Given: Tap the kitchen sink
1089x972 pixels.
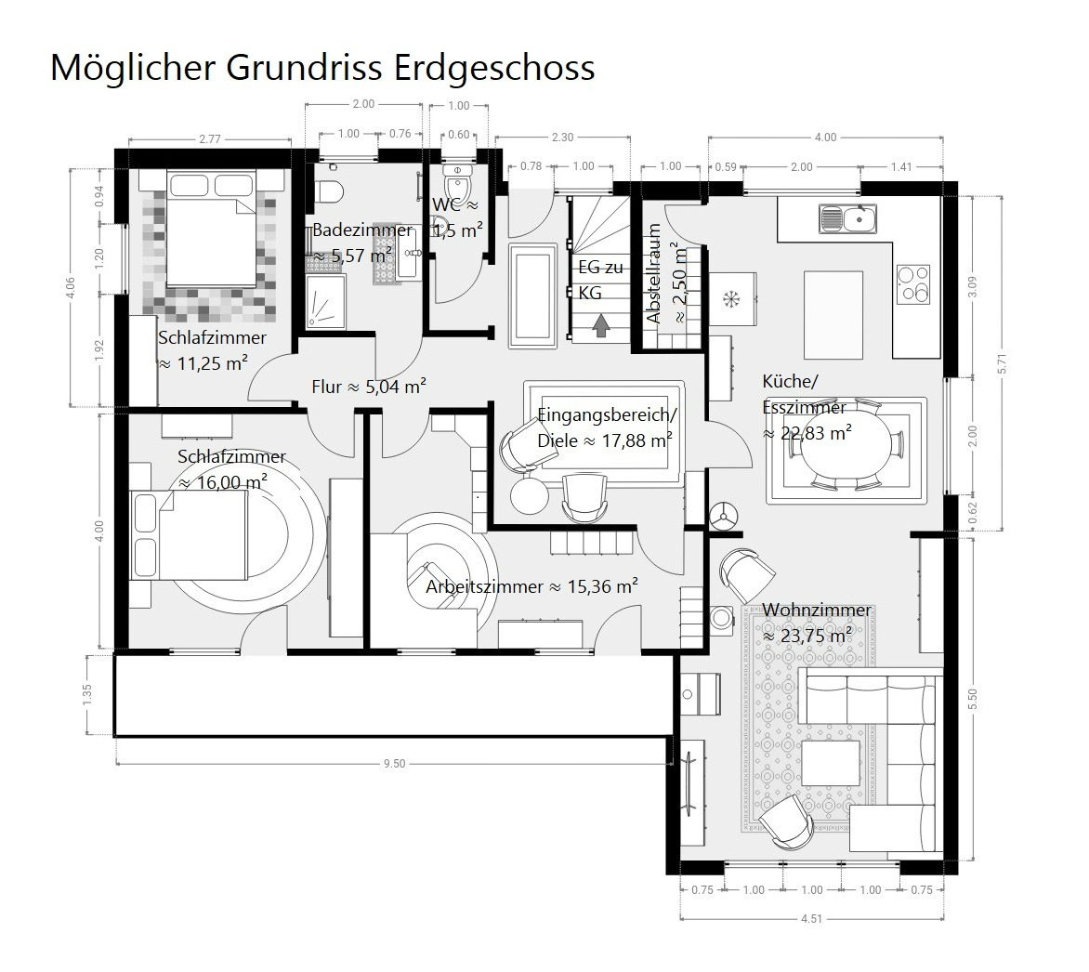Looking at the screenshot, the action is (x=847, y=219).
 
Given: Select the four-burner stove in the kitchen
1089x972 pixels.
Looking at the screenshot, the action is (x=913, y=284).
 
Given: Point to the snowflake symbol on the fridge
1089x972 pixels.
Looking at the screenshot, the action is (x=731, y=299).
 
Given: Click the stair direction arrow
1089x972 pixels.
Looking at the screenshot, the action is (x=601, y=325).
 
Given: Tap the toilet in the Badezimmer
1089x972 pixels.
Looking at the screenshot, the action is (x=328, y=191).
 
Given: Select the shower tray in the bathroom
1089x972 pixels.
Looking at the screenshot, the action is (x=325, y=301).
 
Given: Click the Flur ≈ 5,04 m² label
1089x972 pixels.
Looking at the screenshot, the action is (x=369, y=387).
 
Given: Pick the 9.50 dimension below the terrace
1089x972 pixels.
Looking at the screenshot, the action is (x=395, y=764).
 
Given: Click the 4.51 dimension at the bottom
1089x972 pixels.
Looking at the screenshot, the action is (x=811, y=918).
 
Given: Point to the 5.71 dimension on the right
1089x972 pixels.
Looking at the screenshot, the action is (x=1002, y=363).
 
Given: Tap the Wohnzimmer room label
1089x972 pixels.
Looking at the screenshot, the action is (x=817, y=610).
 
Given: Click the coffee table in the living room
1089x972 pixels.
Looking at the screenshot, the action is (x=831, y=763).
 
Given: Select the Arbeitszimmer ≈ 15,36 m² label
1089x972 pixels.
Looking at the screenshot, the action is (x=532, y=586).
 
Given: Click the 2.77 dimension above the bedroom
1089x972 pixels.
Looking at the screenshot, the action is (x=210, y=139).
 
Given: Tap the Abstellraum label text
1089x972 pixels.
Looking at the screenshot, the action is (x=653, y=273).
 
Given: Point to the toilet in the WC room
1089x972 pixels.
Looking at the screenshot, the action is (x=458, y=183).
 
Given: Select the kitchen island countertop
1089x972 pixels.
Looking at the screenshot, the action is (x=833, y=315).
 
